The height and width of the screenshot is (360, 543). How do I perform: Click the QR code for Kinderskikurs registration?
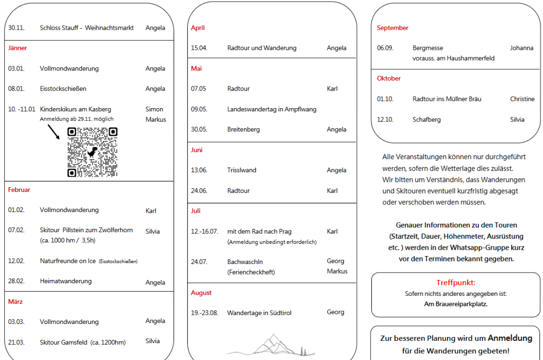click(x=92, y=152)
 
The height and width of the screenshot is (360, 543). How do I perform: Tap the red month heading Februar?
click(x=19, y=190)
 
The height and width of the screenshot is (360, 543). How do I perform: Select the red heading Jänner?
click(x=17, y=48)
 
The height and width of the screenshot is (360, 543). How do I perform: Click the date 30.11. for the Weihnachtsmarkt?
click(x=16, y=28)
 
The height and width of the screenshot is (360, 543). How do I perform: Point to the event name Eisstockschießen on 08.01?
click(x=63, y=89)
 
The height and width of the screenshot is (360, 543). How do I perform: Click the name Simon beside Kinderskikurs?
click(x=154, y=109)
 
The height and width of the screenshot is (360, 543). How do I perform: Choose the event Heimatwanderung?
click(x=66, y=281)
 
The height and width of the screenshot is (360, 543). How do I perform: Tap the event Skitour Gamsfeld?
click(x=83, y=343)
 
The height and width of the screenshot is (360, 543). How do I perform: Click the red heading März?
click(x=15, y=302)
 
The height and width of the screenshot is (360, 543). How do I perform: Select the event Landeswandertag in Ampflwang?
click(x=271, y=109)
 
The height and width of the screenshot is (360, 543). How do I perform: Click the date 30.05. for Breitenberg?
click(x=199, y=129)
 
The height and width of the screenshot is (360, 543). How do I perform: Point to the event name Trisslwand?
click(x=242, y=170)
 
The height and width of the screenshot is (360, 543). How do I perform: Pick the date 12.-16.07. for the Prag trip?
click(x=204, y=232)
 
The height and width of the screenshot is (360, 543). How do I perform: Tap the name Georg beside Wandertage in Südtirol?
click(x=336, y=312)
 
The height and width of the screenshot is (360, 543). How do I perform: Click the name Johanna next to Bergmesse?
click(x=522, y=48)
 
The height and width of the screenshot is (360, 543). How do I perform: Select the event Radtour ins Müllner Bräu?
click(x=446, y=99)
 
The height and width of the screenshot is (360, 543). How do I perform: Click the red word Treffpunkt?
click(x=456, y=283)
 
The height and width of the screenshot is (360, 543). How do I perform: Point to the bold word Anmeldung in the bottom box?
click(x=510, y=338)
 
